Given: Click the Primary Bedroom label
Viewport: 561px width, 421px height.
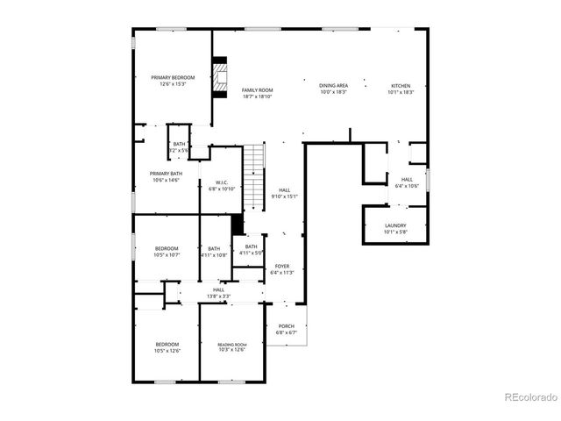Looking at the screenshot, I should (173, 77).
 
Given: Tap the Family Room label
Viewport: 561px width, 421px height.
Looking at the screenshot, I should (258, 89).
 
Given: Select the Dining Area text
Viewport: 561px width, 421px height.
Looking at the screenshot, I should (333, 85).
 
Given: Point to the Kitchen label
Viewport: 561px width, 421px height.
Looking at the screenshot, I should (401, 85).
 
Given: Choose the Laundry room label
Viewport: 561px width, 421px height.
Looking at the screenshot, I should (395, 225).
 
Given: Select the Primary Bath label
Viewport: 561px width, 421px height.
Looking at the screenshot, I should (165, 174).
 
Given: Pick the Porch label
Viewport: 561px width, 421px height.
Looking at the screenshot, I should (287, 326).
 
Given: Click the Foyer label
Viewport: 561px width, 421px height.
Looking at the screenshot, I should (282, 266).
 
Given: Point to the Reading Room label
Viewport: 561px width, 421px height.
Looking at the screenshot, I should (232, 345).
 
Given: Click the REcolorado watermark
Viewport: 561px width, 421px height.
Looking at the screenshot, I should (530, 396).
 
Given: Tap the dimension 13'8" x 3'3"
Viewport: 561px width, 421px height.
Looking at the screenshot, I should (218, 296).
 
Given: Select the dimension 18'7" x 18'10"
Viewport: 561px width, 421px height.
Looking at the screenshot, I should (258, 96).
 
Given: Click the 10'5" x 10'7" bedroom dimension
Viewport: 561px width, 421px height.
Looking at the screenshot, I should (167, 255).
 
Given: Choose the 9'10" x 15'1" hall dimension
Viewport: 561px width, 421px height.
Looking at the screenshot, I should (285, 196).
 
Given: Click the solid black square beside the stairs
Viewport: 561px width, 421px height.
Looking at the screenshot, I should (237, 225).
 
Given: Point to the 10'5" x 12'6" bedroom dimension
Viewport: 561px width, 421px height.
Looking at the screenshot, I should (167, 350).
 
